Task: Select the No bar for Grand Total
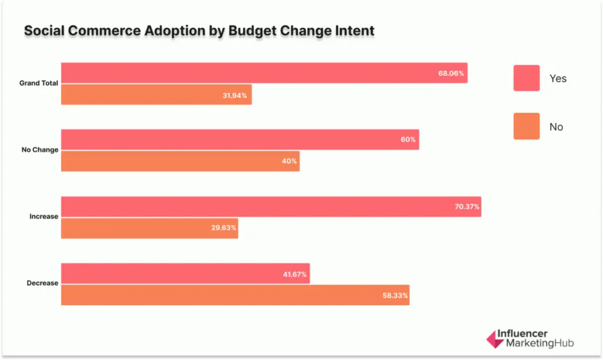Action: pos(156,95)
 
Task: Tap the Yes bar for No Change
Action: pos(240,140)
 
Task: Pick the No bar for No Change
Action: pos(180,161)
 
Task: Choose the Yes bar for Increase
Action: pos(271,206)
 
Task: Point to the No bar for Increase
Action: pos(149,228)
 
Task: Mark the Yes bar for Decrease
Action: pos(185,273)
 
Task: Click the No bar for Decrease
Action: pos(235,295)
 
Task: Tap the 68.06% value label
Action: pos(451,74)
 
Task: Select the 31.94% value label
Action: pos(236,95)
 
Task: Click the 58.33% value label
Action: pos(393,295)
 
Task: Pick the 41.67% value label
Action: pos(293,274)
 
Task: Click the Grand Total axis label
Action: pos(38,84)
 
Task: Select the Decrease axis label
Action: pos(42,283)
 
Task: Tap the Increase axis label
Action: pos(44,217)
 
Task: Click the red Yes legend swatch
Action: pos(526,78)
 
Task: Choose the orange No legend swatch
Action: pos(526,127)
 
